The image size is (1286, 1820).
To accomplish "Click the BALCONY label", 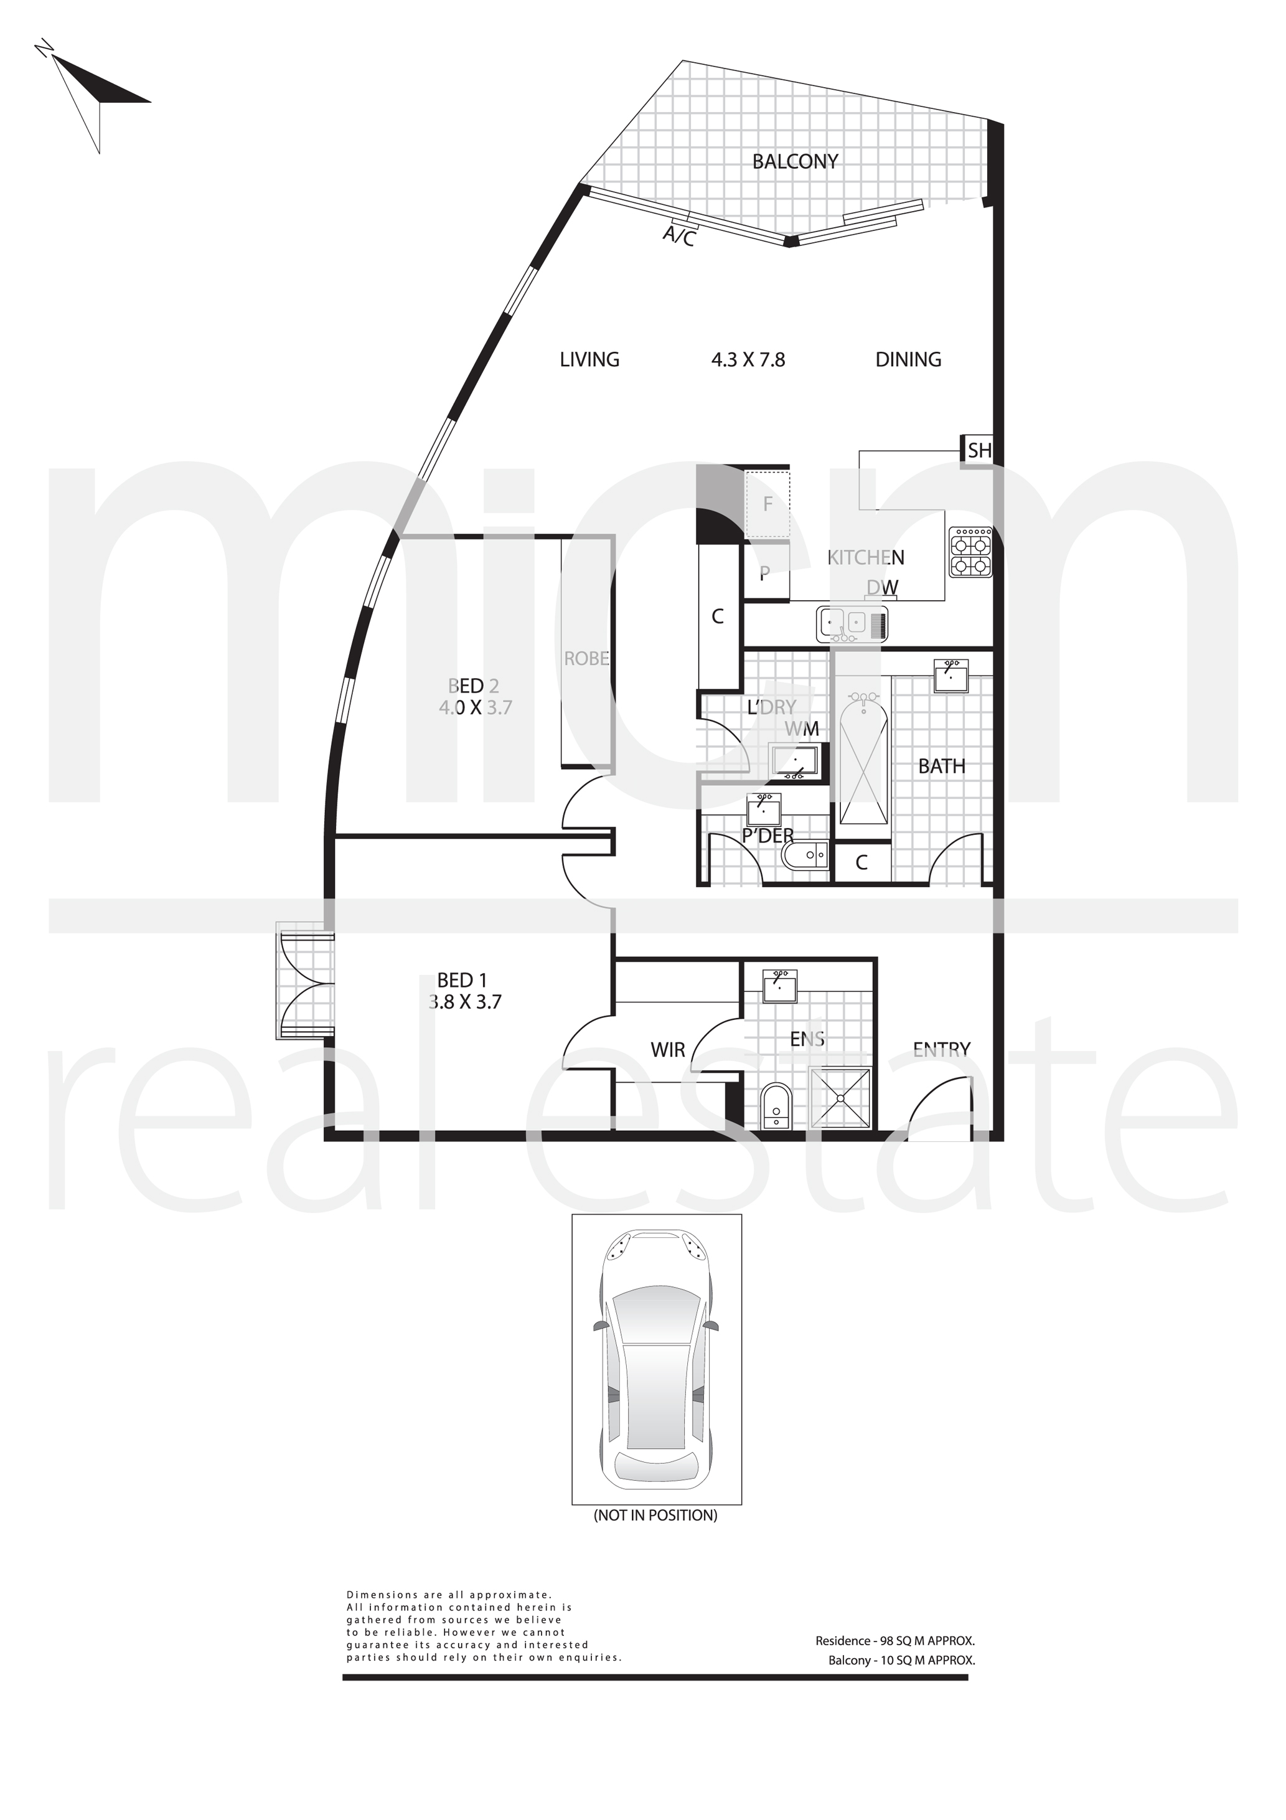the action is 795,162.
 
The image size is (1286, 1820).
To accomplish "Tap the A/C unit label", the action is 679,235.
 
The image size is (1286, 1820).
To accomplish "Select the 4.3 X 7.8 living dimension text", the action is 748,360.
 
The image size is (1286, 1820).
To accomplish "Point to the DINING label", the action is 908,360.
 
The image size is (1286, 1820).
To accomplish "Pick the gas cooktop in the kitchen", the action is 970,552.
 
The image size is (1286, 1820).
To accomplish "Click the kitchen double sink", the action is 852,624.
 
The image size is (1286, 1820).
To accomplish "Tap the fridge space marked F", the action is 767,504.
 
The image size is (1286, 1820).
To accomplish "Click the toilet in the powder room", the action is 805,854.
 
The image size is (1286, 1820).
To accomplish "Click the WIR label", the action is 667,1050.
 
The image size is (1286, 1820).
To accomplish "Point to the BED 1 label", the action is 462,981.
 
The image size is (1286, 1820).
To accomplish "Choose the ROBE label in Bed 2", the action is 586,659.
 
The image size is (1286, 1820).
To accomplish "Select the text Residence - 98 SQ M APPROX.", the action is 894,1641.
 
